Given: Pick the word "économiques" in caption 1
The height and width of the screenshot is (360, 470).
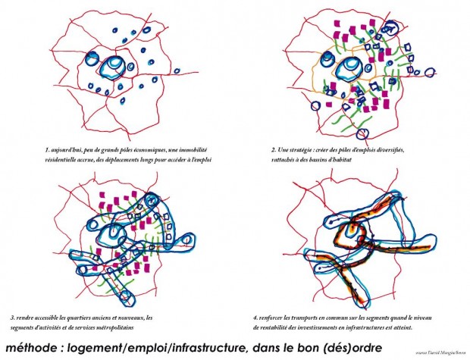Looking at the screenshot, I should pyautogui.click(x=141, y=150).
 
